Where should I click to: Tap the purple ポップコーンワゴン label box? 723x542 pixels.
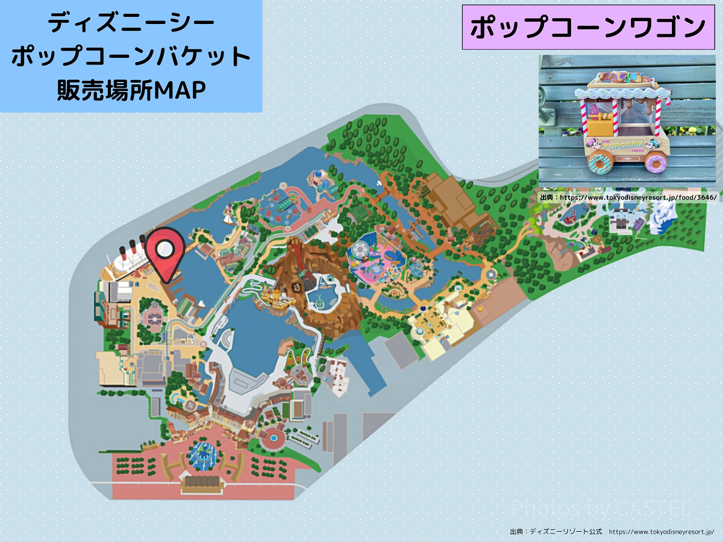click(588, 28)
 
